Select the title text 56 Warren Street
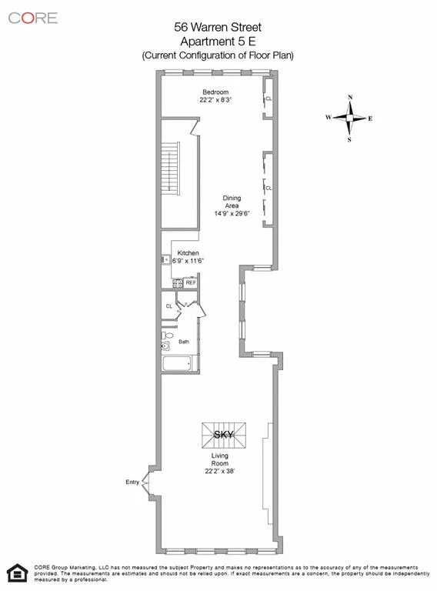[x=217, y=27]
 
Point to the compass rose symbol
[x=350, y=118]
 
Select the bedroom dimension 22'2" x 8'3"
[x=216, y=99]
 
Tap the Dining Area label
[x=232, y=202]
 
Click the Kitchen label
[x=188, y=253]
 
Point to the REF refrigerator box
[x=190, y=283]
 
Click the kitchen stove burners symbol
[x=177, y=283]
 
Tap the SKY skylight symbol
[x=224, y=435]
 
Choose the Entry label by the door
[x=133, y=482]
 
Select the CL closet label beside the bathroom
[x=169, y=306]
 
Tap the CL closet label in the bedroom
[x=268, y=99]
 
